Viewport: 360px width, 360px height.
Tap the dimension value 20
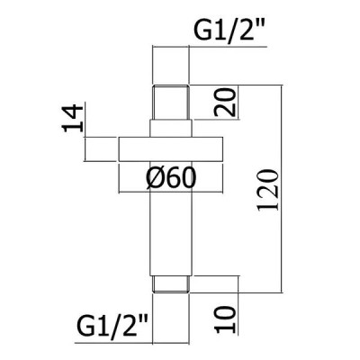point(224,103)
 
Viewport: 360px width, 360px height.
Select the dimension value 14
point(72,119)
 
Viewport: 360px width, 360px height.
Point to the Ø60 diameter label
point(171,178)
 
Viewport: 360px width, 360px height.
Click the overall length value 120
point(269,191)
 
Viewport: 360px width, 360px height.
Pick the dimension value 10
point(225,319)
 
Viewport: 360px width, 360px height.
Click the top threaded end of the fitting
point(171,103)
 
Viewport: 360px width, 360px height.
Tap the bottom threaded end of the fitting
point(171,284)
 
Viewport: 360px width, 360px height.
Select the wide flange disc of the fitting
point(171,149)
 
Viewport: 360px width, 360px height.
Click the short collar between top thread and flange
point(171,129)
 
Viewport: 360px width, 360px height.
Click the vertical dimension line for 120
point(282,189)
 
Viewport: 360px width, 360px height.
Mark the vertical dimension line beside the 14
point(85,131)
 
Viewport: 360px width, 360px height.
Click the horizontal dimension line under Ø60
point(171,193)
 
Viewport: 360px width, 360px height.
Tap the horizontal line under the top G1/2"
point(210,47)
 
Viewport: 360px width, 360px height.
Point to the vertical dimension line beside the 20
point(238,103)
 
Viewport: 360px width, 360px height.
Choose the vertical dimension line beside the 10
point(238,305)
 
